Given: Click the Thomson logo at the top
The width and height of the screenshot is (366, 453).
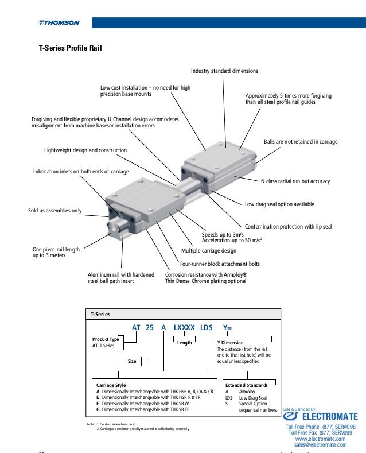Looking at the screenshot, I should [x=60, y=23].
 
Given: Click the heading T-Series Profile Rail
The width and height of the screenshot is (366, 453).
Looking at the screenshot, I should [x=70, y=49].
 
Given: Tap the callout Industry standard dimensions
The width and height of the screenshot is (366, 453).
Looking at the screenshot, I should [x=224, y=71].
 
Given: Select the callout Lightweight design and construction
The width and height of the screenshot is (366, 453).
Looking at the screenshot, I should [x=85, y=150].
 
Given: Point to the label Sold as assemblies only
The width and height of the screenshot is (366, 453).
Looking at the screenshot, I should [x=54, y=211].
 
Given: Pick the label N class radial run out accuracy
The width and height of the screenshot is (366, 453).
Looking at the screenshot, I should [x=295, y=181].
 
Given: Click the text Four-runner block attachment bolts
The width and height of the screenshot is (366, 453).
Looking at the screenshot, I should [x=220, y=264].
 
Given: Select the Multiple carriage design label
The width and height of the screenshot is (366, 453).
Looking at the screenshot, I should [x=217, y=251].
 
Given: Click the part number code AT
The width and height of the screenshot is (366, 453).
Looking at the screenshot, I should [x=136, y=327].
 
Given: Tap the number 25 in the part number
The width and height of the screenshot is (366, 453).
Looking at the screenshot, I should [x=150, y=327].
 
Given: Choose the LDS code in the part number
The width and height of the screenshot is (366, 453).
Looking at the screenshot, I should [x=206, y=327].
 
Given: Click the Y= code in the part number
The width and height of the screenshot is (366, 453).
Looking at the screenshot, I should [x=228, y=327].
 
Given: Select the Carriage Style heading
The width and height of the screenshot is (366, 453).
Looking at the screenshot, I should [x=111, y=385].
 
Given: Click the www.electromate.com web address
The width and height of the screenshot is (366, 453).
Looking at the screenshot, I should [x=320, y=439].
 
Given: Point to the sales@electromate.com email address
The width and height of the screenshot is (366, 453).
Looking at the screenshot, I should [x=320, y=444].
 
